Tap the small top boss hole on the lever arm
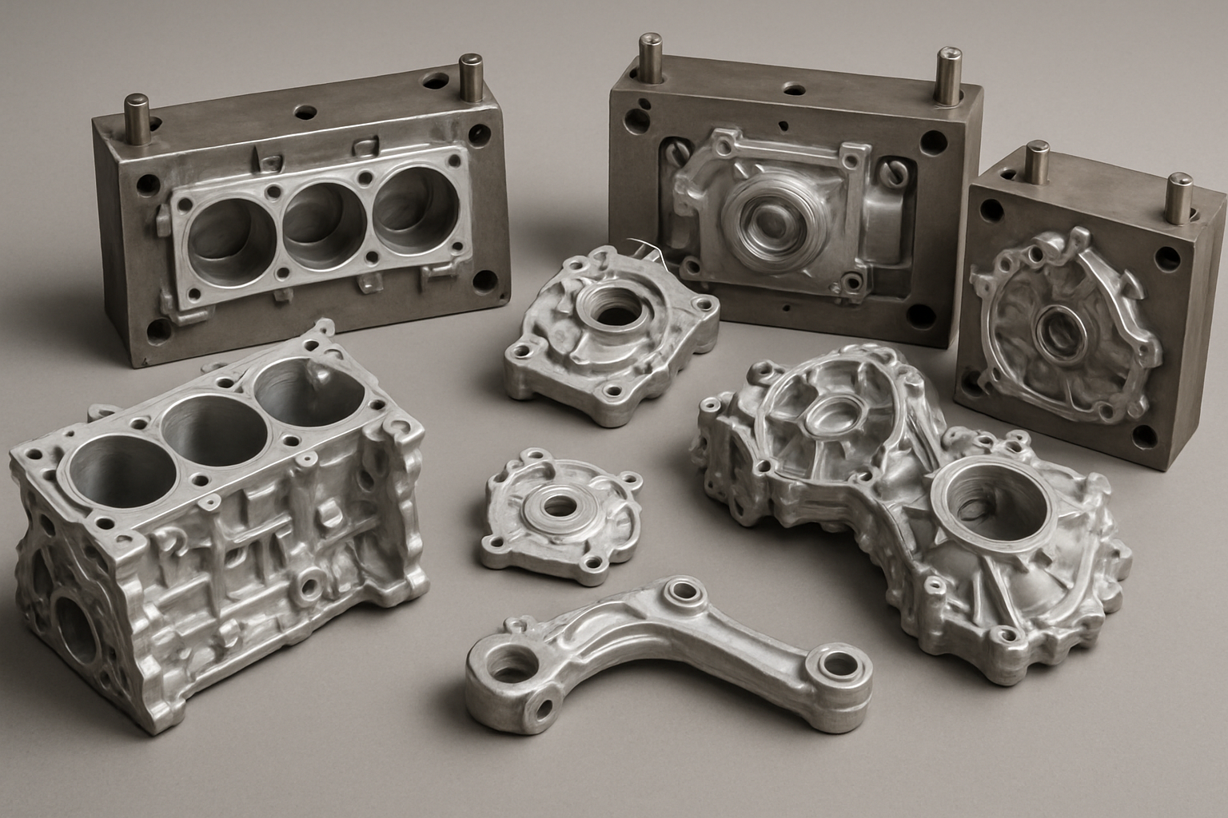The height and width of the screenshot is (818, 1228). pos(684,592)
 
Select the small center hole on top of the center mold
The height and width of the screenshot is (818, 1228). pos(792,88)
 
